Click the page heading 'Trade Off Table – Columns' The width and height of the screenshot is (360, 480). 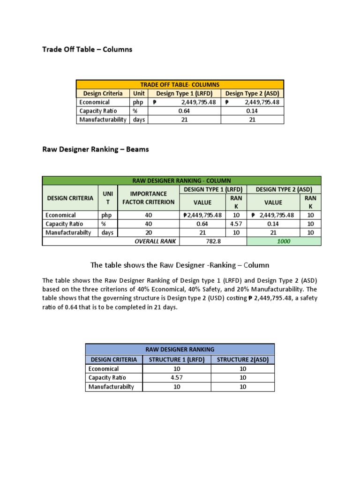(x=87, y=49)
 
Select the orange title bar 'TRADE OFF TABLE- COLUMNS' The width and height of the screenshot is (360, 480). (x=180, y=84)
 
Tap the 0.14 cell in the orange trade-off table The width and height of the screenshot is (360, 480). (x=252, y=111)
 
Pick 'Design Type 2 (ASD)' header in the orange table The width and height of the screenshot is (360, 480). (x=252, y=93)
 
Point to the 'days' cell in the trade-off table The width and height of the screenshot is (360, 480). (x=139, y=120)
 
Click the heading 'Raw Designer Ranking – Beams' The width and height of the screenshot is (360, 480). (x=96, y=150)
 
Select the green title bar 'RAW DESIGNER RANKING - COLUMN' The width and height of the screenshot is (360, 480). (x=181, y=180)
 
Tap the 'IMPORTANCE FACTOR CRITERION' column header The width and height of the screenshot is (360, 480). (x=148, y=198)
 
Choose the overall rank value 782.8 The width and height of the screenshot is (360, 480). (x=213, y=241)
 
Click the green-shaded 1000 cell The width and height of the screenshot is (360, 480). (x=284, y=241)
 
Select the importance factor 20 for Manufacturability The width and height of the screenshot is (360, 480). (x=148, y=232)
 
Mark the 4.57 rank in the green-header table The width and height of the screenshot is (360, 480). (x=236, y=224)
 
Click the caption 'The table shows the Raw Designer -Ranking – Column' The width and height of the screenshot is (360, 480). (x=180, y=265)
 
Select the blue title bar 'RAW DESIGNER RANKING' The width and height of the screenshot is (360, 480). (x=180, y=349)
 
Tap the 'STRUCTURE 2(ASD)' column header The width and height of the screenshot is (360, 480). (x=243, y=360)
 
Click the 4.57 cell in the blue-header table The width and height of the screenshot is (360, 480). (x=176, y=378)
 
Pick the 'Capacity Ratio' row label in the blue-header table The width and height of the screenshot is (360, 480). (x=107, y=378)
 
